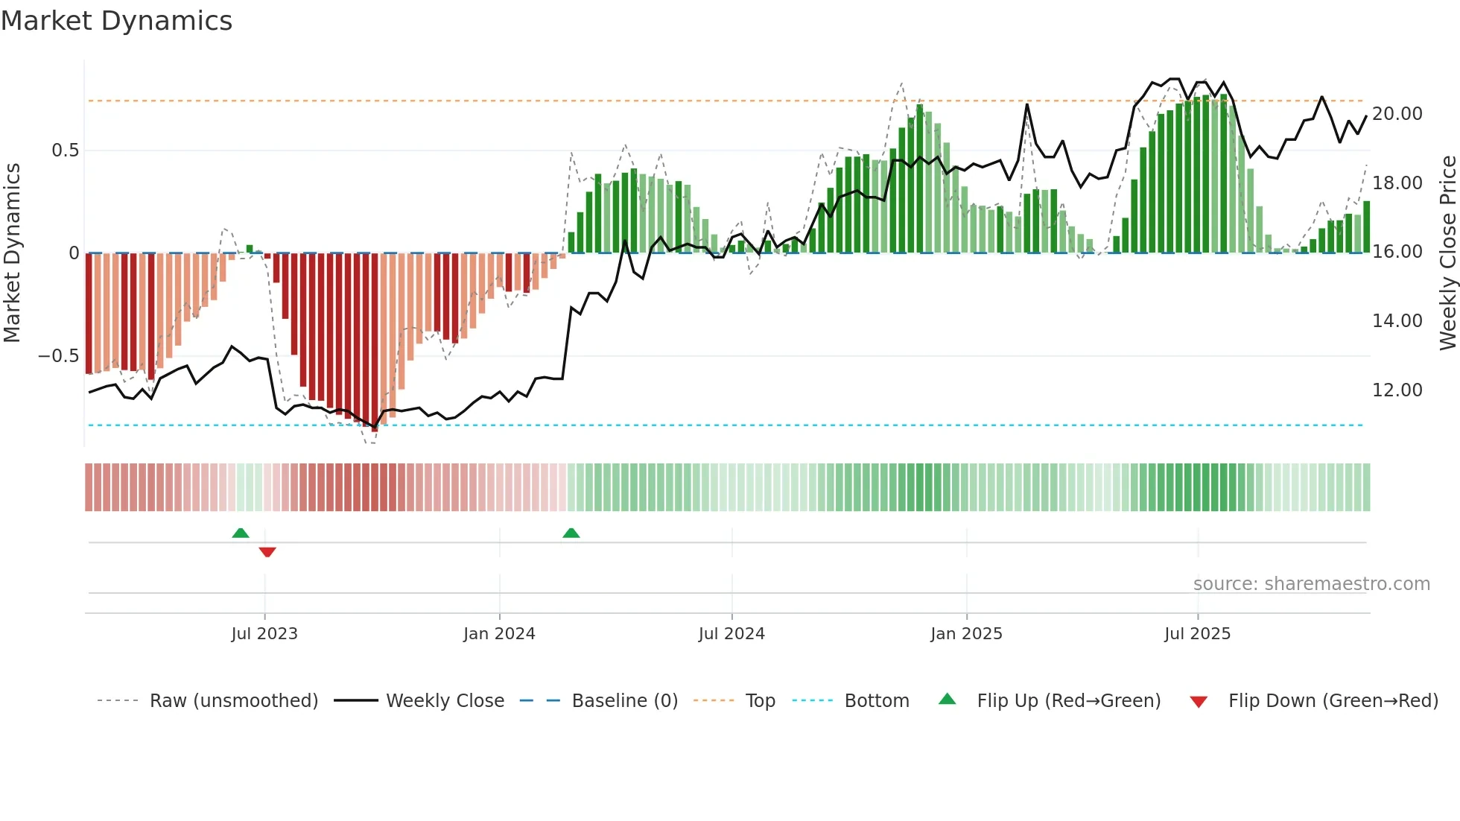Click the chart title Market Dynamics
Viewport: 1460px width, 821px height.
(x=116, y=21)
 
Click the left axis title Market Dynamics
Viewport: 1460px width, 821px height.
(x=12, y=253)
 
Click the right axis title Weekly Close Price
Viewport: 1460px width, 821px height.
(x=1447, y=253)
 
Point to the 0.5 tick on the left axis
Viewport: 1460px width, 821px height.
(x=65, y=150)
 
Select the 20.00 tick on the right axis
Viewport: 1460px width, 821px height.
(x=1397, y=114)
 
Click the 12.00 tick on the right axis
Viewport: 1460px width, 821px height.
(x=1397, y=390)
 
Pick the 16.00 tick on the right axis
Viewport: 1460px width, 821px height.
(x=1397, y=252)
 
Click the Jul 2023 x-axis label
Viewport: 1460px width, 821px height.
(x=264, y=634)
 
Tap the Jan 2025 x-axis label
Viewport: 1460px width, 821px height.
(x=966, y=634)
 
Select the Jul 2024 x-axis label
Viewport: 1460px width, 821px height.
(x=731, y=634)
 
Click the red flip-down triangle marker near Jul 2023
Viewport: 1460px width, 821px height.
(x=267, y=552)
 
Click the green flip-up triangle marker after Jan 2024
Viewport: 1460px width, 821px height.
(x=571, y=533)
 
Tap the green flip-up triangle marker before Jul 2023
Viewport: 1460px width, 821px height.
(x=241, y=533)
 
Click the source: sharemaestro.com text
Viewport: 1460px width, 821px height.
(x=1311, y=584)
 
